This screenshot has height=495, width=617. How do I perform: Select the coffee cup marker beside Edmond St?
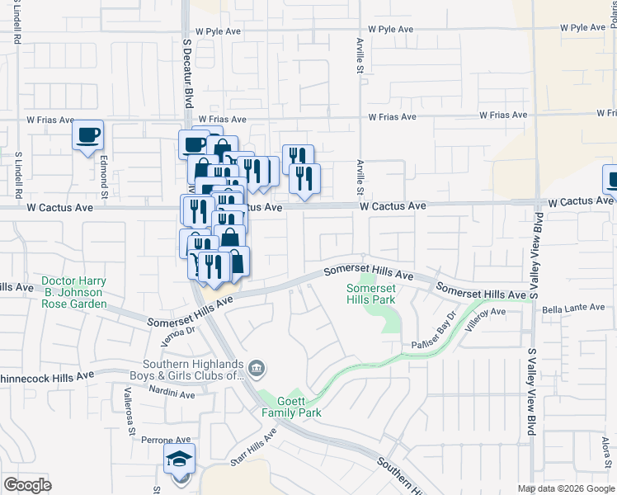coord(88,135)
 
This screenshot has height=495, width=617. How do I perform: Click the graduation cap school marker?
coord(178,460)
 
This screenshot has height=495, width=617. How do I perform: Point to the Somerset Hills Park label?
coord(370,294)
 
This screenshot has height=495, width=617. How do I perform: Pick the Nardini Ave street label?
coord(172,394)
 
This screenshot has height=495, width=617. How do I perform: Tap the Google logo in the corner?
coord(27,484)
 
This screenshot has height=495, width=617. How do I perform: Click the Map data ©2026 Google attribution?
coord(566,488)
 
